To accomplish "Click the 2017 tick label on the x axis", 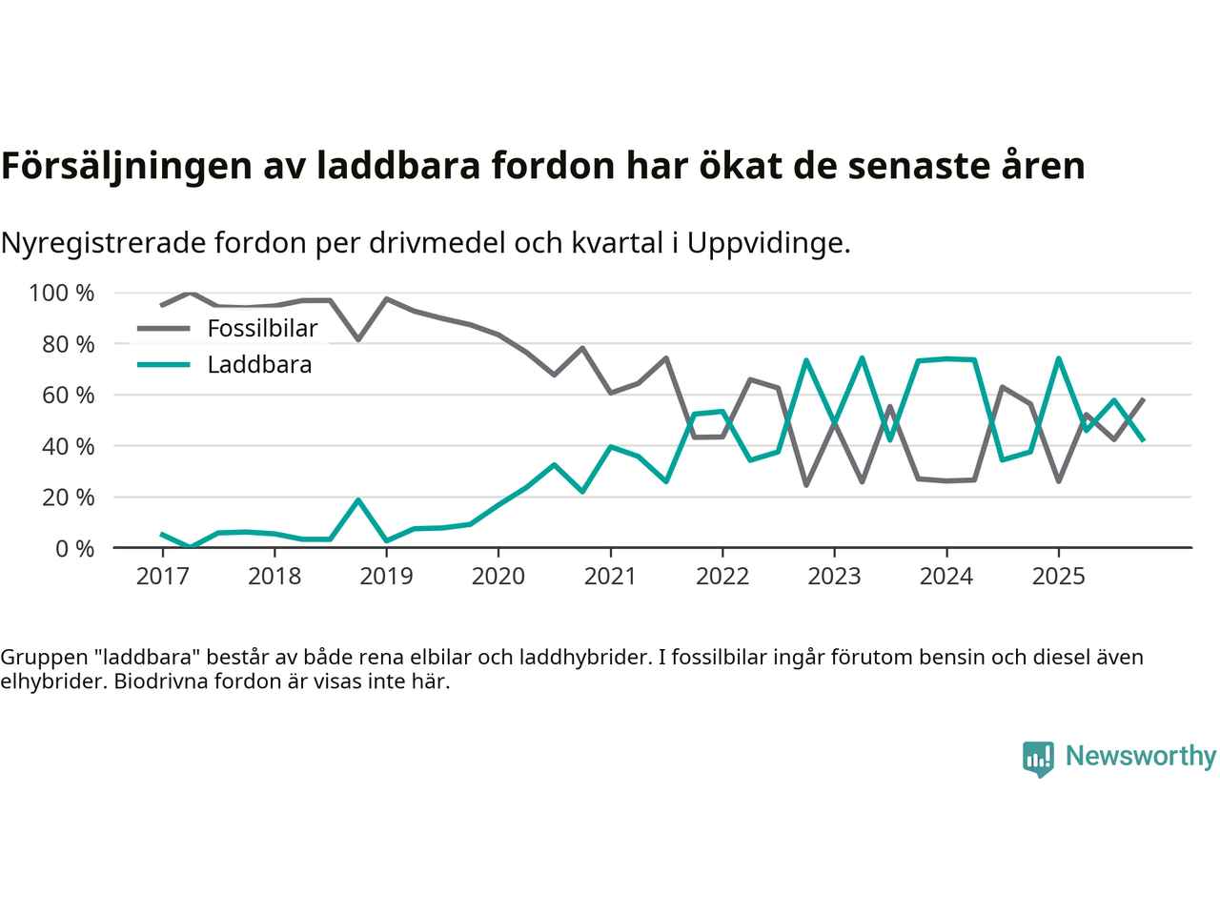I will click(162, 576).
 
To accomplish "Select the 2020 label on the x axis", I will click(498, 576).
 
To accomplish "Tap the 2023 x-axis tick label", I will click(834, 576).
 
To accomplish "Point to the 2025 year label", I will click(1058, 576).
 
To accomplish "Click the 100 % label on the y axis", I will click(62, 293).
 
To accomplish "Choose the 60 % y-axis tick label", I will click(68, 395).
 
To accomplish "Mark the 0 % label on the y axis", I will click(73, 548).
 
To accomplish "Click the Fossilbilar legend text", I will click(262, 329).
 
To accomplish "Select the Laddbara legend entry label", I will click(259, 365).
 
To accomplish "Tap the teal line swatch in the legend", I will click(164, 365).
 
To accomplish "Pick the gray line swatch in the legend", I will click(164, 329).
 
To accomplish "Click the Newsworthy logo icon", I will click(1038, 759).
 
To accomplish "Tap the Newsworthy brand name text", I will click(1141, 756).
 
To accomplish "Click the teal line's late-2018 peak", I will click(358, 499).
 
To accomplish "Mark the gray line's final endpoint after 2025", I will click(1143, 399).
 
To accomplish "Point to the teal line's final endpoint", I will click(1143, 439).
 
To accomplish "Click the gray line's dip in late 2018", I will click(358, 339).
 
